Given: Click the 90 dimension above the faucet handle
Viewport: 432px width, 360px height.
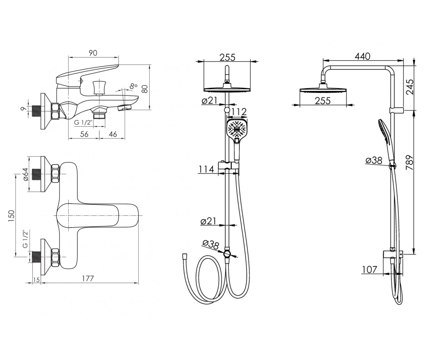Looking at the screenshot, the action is point(93,53).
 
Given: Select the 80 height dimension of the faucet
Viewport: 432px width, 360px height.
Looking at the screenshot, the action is point(145,89).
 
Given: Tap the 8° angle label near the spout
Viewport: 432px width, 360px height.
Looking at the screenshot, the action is point(134,86).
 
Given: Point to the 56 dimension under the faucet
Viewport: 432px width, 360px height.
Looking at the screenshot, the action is point(84,134).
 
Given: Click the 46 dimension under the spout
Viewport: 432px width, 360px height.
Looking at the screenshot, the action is point(113,134).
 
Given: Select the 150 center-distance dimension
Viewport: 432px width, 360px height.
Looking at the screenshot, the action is point(11,216).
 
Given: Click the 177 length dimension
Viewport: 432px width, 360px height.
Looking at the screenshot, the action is point(88,279).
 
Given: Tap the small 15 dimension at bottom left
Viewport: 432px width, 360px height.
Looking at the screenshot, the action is point(36,280).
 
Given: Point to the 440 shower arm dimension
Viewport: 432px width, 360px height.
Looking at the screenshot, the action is point(363,56).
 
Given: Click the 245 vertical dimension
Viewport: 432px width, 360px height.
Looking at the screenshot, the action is point(410,87).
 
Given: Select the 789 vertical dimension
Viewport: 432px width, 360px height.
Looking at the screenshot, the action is point(409,163).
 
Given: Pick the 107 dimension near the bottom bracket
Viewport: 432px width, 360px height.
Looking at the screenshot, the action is point(370,270).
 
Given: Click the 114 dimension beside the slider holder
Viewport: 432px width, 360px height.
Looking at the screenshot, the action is point(206,170).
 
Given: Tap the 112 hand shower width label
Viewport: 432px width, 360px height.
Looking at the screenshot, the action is point(239,112).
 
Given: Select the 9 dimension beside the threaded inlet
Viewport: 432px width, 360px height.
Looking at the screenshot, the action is point(24,108).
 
